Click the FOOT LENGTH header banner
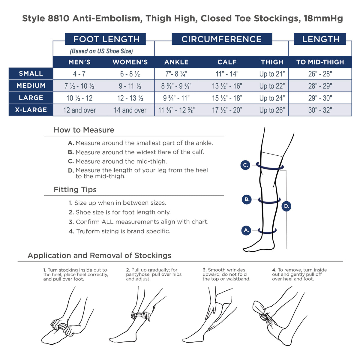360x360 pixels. pyautogui.click(x=105, y=39)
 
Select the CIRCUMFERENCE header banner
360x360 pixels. pyautogui.click(x=222, y=39)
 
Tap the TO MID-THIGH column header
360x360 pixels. pyautogui.click(x=320, y=62)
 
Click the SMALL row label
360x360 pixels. pyautogui.click(x=31, y=73)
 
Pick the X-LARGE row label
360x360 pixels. pyautogui.click(x=31, y=110)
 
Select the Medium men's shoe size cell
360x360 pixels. pyautogui.click(x=79, y=86)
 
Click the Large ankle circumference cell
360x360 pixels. pyautogui.click(x=176, y=98)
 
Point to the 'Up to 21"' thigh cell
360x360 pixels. pyautogui.click(x=272, y=74)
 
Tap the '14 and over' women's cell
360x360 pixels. pyautogui.click(x=130, y=110)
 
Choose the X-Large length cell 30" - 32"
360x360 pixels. pyautogui.click(x=320, y=110)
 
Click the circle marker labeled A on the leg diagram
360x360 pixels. pyautogui.click(x=246, y=230)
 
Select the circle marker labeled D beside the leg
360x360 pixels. pyautogui.click(x=286, y=206)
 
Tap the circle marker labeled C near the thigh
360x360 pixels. pyautogui.click(x=245, y=165)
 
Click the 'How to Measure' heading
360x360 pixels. pyautogui.click(x=84, y=130)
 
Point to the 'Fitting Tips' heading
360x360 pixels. pyautogui.click(x=75, y=190)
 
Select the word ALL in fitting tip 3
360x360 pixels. pyautogui.click(x=107, y=222)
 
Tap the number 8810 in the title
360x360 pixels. pyautogui.click(x=58, y=19)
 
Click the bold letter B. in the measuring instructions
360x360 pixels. pyautogui.click(x=71, y=152)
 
